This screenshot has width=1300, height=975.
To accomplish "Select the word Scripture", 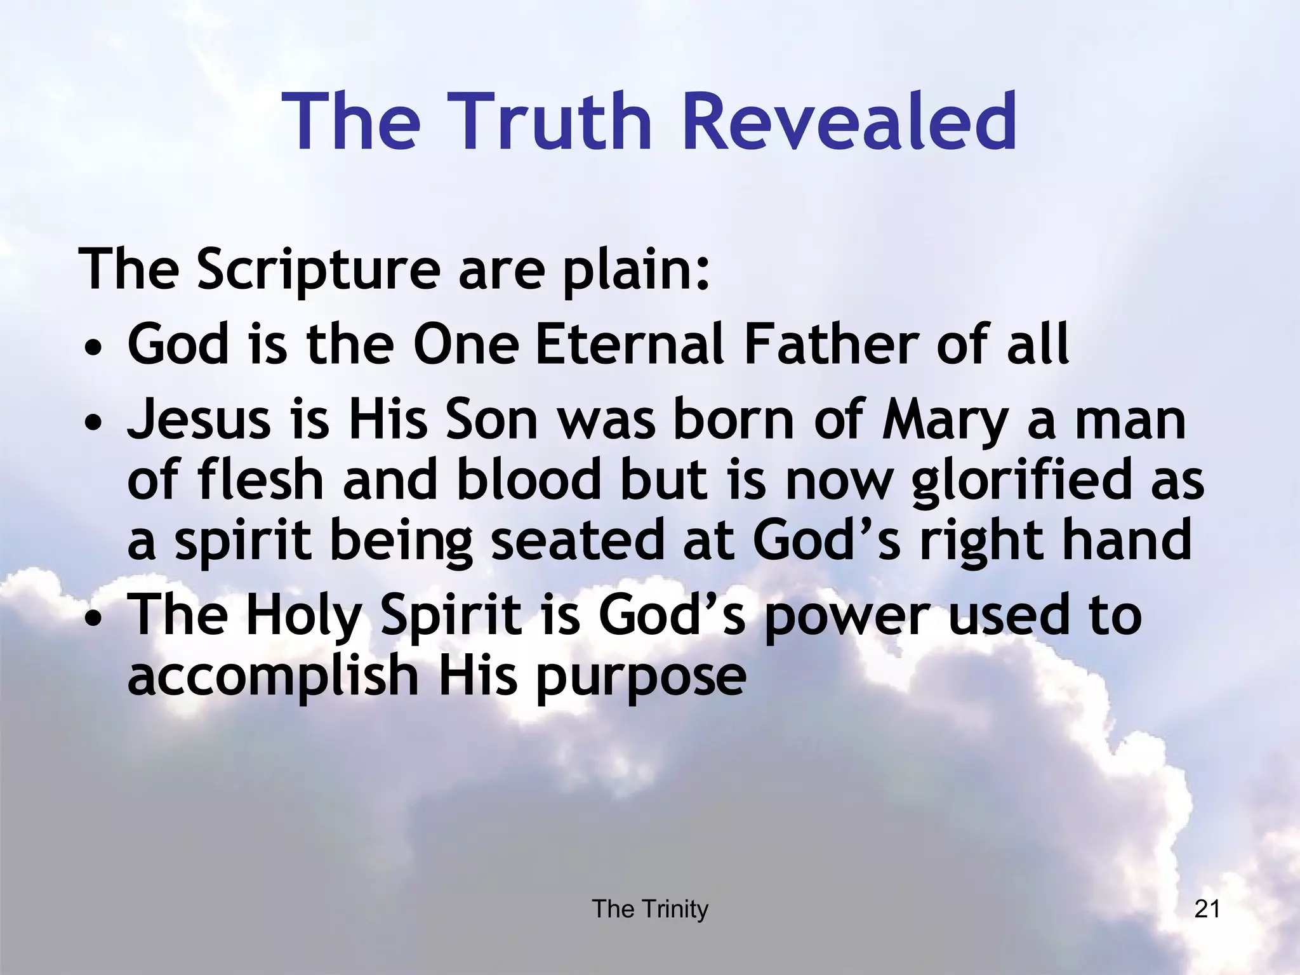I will pos(318,270).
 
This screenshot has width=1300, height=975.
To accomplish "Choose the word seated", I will pos(578,540).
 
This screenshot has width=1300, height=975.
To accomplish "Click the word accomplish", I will pos(274,677).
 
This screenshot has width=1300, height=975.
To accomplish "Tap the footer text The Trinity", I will pos(650,910).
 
